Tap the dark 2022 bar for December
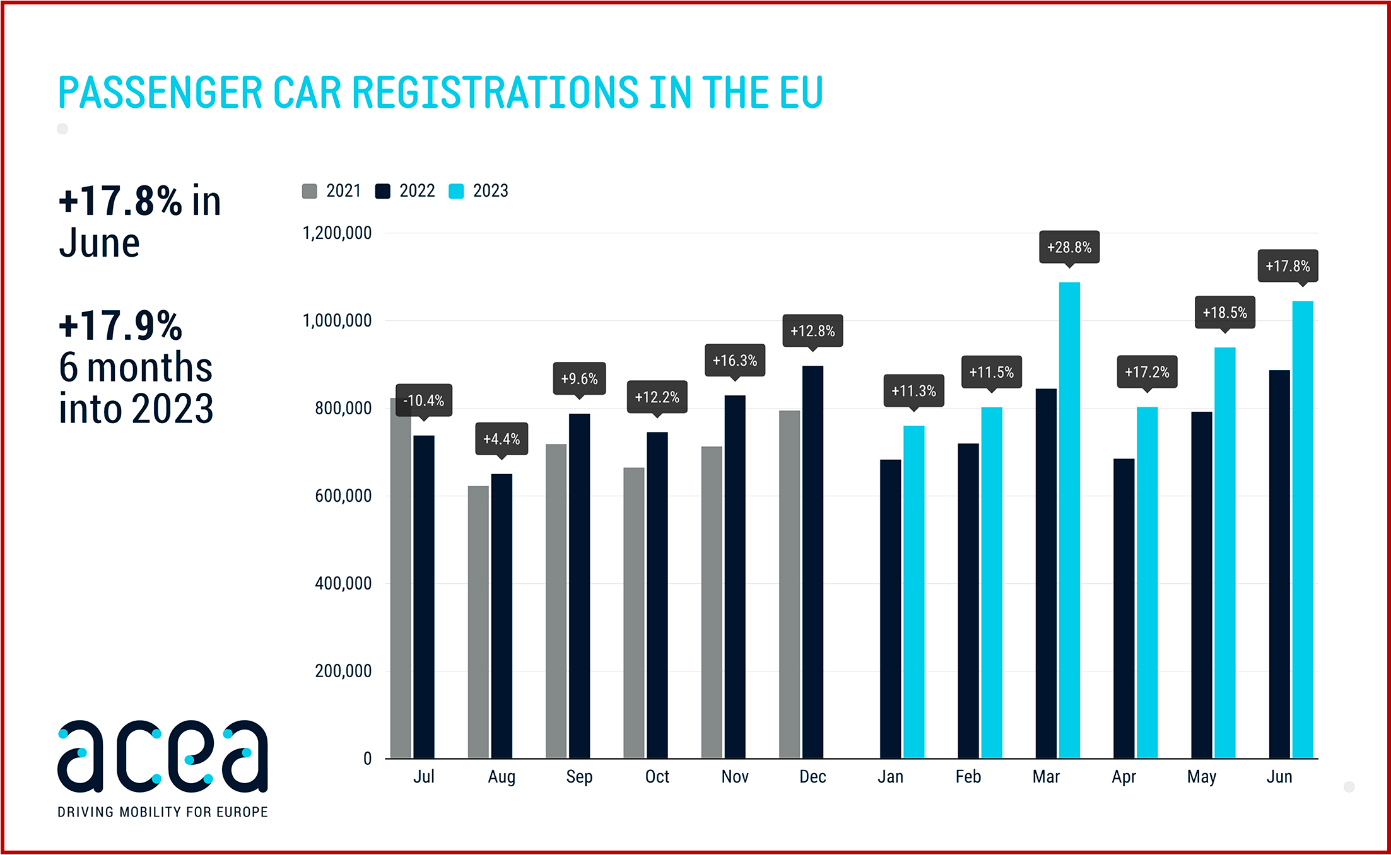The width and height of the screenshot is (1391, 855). pyautogui.click(x=813, y=561)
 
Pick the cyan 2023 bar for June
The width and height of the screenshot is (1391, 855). pyautogui.click(x=1303, y=530)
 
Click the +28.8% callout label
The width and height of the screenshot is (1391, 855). pyautogui.click(x=1069, y=247)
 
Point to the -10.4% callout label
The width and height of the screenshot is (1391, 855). pyautogui.click(x=424, y=400)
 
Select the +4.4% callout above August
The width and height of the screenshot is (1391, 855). pyautogui.click(x=502, y=439)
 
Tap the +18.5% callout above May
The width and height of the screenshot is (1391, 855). pyautogui.click(x=1224, y=312)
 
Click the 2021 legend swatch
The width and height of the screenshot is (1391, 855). pyautogui.click(x=310, y=191)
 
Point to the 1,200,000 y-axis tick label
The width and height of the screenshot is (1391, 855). pyautogui.click(x=337, y=233)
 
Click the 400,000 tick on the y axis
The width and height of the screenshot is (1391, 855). pyautogui.click(x=343, y=583)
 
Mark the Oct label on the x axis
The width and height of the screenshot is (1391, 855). pyautogui.click(x=657, y=777)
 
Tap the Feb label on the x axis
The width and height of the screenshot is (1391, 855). pyautogui.click(x=968, y=777)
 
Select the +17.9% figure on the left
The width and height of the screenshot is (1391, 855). pyautogui.click(x=120, y=326)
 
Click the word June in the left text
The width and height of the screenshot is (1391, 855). pyautogui.click(x=99, y=243)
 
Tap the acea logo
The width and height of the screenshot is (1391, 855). pyautogui.click(x=163, y=757)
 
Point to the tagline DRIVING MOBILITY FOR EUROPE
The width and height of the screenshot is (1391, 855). pyautogui.click(x=163, y=812)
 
